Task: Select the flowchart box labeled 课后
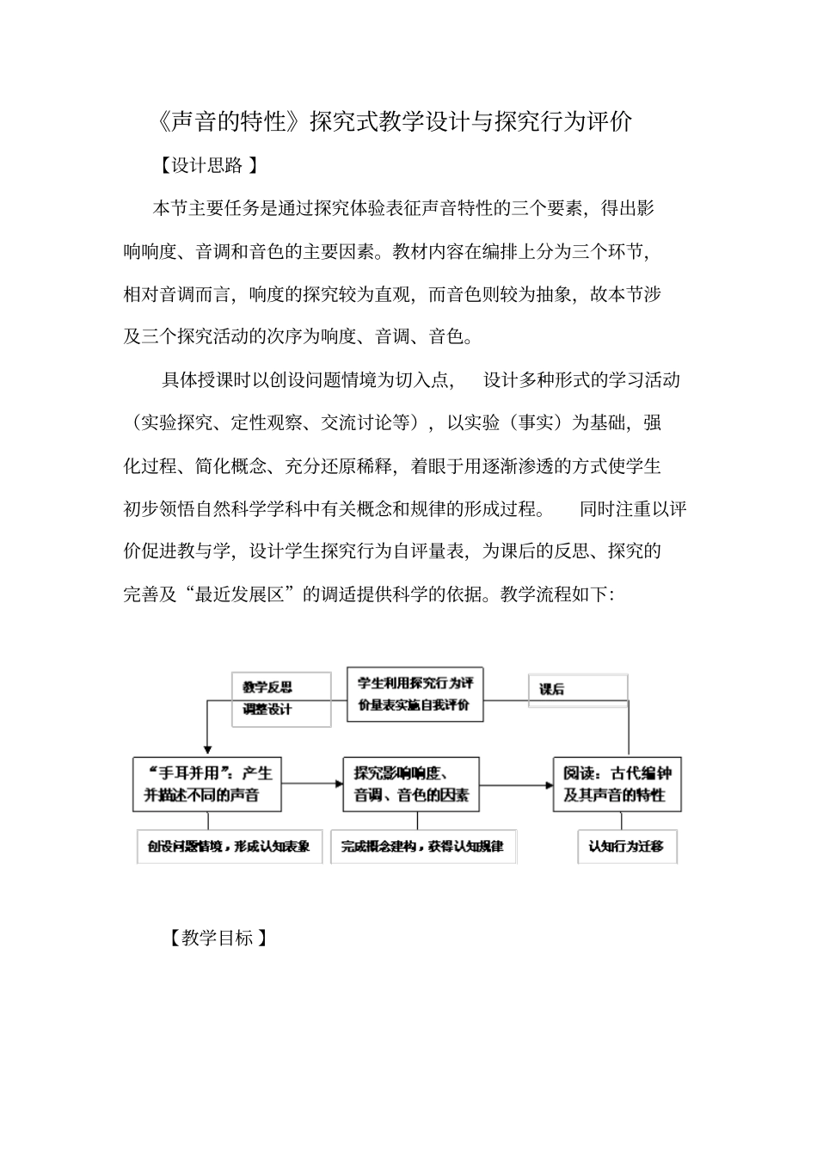[x=577, y=690]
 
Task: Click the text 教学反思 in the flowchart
[x=267, y=686]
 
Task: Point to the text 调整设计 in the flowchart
[x=267, y=710]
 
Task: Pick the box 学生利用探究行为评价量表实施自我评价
[x=415, y=694]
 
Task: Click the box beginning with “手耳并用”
[x=208, y=784]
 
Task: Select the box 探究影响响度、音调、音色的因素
[x=410, y=784]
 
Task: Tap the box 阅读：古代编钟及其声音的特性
[x=617, y=784]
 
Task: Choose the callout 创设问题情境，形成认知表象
[x=229, y=846]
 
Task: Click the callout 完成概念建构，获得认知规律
[x=422, y=846]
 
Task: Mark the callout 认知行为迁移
[x=626, y=846]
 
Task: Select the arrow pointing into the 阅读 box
[x=516, y=785]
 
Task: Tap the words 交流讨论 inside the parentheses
[x=356, y=422]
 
